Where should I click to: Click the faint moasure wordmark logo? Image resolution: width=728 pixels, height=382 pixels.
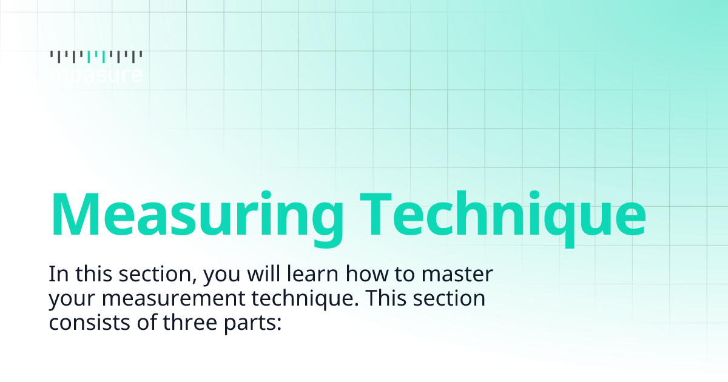point(96,75)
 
